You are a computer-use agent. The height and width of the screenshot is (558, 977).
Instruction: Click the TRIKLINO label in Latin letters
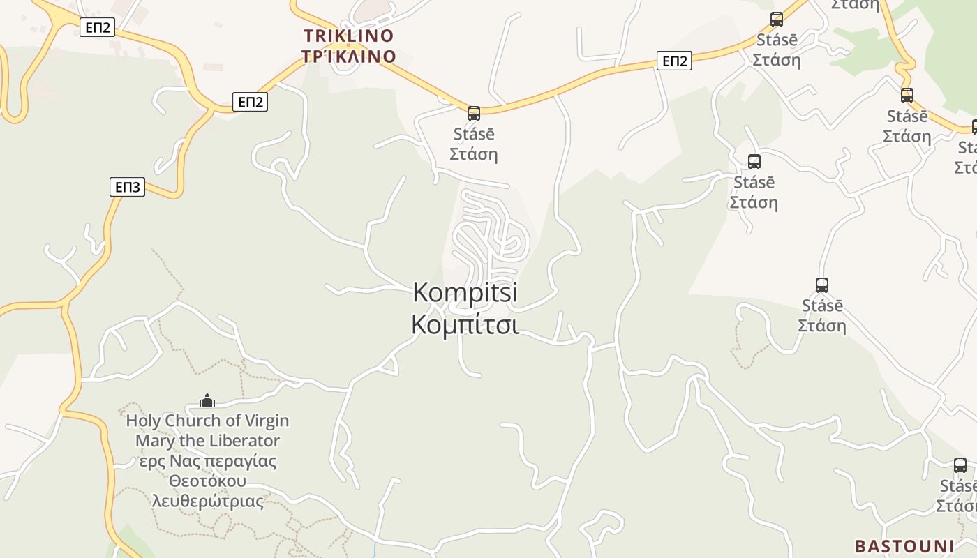point(349,36)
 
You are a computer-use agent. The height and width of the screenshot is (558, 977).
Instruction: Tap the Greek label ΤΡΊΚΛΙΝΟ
point(349,56)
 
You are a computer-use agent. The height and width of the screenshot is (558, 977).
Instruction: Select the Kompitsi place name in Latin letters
point(465,292)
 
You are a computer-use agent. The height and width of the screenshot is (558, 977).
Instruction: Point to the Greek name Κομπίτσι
point(465,325)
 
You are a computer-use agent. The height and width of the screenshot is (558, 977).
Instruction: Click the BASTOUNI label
point(904,545)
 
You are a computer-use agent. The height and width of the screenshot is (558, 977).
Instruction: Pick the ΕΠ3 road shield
point(128,187)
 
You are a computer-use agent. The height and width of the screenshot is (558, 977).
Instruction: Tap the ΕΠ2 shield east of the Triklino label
point(674,61)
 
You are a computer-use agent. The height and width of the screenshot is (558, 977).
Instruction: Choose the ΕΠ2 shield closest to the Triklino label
point(250,102)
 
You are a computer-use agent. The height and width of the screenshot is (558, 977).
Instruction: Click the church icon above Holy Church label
point(207,400)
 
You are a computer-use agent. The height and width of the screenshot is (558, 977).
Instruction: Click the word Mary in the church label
point(150,441)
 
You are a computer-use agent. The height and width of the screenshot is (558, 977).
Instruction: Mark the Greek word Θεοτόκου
point(207,481)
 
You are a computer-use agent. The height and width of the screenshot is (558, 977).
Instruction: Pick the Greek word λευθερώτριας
point(207,502)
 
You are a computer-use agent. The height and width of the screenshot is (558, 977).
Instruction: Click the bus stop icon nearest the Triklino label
point(474,113)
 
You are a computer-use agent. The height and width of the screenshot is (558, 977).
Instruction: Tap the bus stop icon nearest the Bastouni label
point(960,465)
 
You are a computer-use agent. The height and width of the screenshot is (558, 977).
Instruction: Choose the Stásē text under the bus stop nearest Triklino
point(474,133)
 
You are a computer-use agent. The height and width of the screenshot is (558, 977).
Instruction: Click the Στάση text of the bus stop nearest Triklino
point(474,153)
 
